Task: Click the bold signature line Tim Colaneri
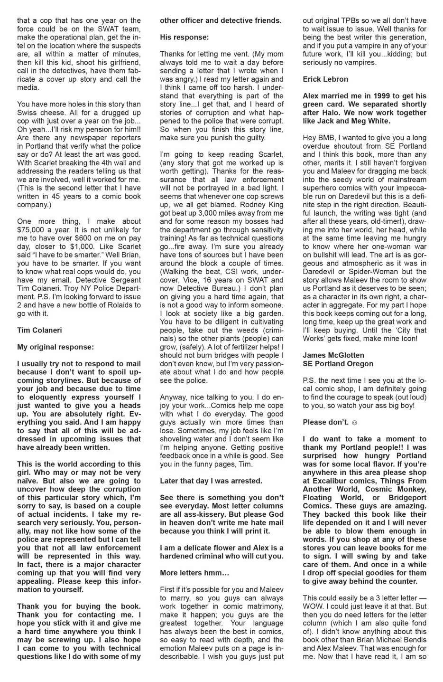coord(39,330)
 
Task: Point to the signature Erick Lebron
coord(325,79)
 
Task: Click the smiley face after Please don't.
coord(354,422)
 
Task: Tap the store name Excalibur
coord(337,481)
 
